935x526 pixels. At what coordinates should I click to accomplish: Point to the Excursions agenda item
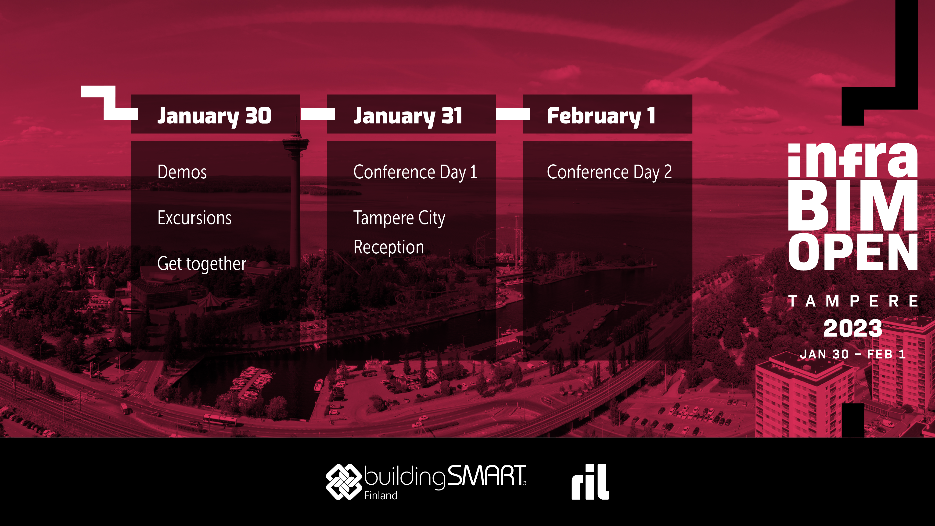(194, 218)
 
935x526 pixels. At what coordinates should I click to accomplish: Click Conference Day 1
(415, 172)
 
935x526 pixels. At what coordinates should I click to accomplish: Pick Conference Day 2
(609, 172)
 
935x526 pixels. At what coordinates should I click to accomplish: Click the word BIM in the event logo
(853, 205)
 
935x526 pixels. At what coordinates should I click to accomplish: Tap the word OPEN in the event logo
(853, 252)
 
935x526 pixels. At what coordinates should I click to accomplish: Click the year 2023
(853, 328)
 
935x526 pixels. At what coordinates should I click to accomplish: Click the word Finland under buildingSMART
(381, 496)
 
